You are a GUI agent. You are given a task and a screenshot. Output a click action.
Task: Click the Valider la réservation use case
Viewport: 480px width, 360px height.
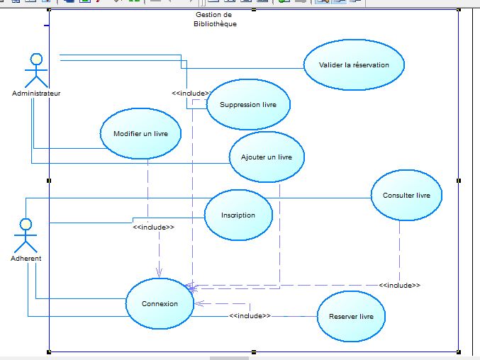[354, 64]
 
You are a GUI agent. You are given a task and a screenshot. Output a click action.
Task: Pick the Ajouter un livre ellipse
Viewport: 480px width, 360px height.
[267, 157]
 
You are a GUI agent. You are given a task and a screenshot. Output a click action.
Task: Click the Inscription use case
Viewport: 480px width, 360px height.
[238, 215]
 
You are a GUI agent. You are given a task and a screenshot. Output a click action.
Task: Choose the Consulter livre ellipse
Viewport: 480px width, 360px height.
[406, 195]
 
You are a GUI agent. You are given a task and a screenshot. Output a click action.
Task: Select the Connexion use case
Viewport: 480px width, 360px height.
[160, 303]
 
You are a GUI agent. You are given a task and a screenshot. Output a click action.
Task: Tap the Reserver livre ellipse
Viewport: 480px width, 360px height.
[351, 316]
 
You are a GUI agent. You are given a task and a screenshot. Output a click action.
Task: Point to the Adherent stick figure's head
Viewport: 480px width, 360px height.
[26, 225]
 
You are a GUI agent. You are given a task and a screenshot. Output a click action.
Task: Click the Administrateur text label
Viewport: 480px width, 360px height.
[36, 94]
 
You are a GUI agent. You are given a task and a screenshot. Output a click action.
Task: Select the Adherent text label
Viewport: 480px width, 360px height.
[26, 259]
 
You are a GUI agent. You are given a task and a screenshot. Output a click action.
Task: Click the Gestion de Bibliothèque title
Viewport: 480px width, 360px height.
[215, 19]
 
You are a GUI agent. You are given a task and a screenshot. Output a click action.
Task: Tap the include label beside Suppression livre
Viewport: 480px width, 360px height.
[190, 93]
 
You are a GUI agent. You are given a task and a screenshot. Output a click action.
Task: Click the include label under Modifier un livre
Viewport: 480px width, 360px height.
[153, 227]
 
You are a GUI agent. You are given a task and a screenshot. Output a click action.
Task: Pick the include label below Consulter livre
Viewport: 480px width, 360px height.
[399, 285]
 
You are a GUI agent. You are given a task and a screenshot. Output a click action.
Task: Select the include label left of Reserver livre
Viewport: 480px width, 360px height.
[250, 315]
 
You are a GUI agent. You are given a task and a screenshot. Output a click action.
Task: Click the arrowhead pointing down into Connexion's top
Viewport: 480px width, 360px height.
[159, 274]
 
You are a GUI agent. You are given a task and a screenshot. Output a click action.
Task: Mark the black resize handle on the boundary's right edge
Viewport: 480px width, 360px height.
[459, 181]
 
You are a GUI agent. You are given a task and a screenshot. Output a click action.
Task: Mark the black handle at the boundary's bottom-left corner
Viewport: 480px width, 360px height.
[49, 350]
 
